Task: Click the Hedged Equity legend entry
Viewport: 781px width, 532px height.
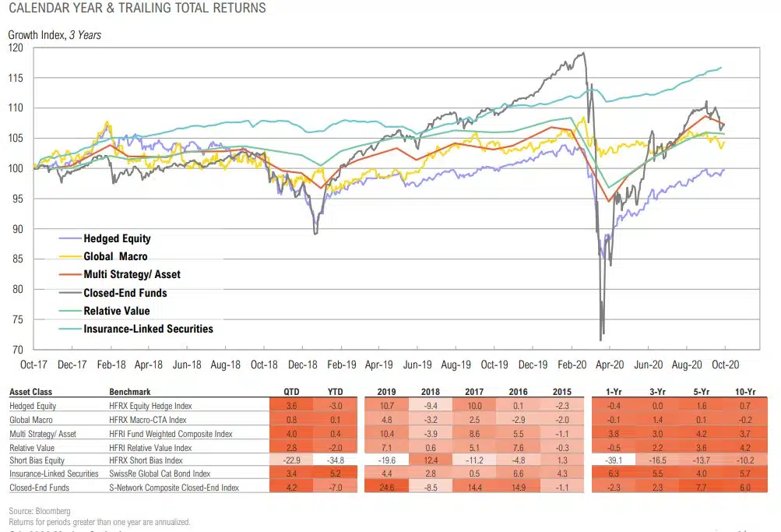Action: coord(117,238)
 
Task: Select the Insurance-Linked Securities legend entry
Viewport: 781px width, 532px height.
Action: coord(148,329)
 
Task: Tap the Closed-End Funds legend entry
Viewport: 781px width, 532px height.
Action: coord(125,293)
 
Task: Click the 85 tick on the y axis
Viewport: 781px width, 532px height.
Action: coord(18,259)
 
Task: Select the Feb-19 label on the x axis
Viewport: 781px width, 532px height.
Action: coord(340,364)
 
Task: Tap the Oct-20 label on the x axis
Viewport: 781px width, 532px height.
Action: coord(725,364)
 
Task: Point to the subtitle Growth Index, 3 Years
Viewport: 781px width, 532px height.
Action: coord(55,34)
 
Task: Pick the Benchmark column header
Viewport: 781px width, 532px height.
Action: coord(131,392)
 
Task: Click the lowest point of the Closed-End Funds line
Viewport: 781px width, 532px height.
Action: coord(600,339)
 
